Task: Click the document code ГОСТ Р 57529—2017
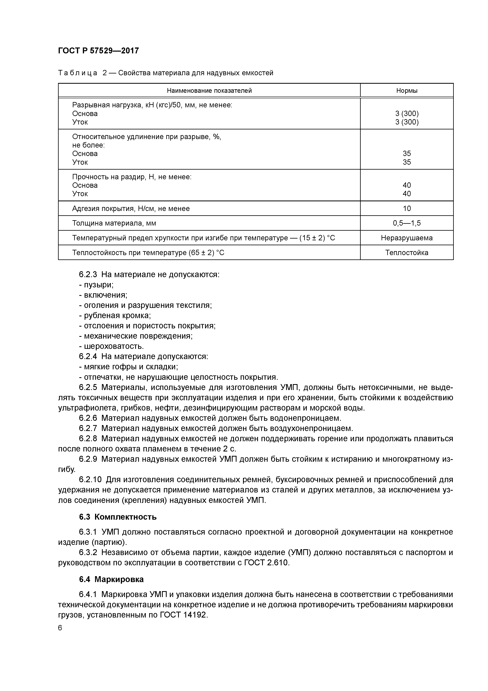pyautogui.click(x=98, y=51)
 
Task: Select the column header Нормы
pyautogui.click(x=407, y=91)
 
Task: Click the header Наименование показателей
pyautogui.click(x=209, y=91)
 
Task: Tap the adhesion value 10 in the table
pyautogui.click(x=407, y=208)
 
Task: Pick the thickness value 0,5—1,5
pyautogui.click(x=407, y=223)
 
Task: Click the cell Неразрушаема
pyautogui.click(x=407, y=238)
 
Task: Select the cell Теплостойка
pyautogui.click(x=407, y=253)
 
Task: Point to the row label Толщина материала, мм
pyautogui.click(x=114, y=223)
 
